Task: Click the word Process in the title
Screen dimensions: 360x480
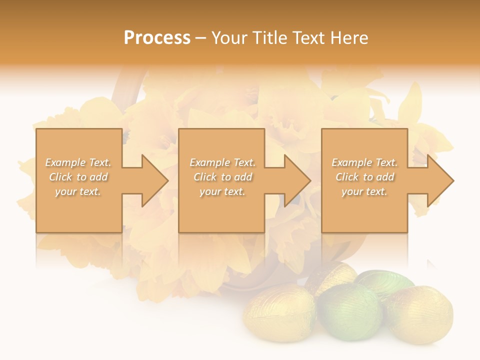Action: pyautogui.click(x=157, y=38)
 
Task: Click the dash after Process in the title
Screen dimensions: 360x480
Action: pyautogui.click(x=201, y=38)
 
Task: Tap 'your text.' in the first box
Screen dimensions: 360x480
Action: pyautogui.click(x=78, y=191)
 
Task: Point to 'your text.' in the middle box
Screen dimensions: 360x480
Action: pyautogui.click(x=222, y=191)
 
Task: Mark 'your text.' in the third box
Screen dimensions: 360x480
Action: pyautogui.click(x=364, y=191)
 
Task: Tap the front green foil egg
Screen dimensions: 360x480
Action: pyautogui.click(x=349, y=311)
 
